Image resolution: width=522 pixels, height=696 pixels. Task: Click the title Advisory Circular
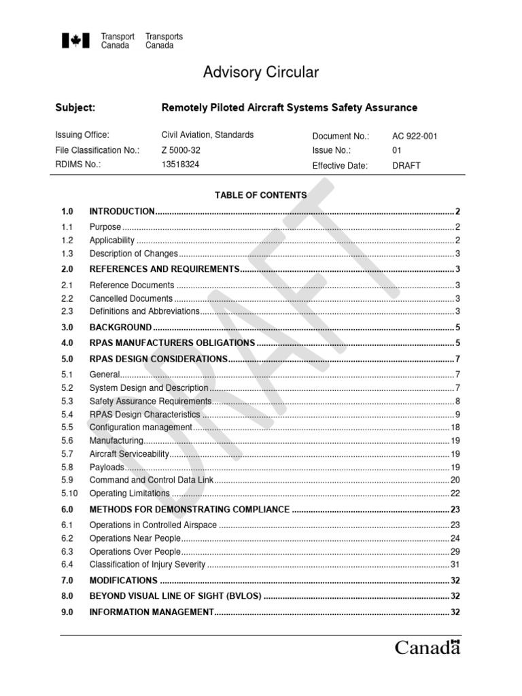pyautogui.click(x=261, y=73)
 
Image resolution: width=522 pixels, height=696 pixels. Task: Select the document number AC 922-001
pyautogui.click(x=415, y=136)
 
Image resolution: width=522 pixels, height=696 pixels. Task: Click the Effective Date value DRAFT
pyautogui.click(x=406, y=166)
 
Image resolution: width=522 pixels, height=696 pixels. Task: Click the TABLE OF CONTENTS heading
pyautogui.click(x=260, y=195)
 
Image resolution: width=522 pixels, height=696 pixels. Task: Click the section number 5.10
pyautogui.click(x=70, y=493)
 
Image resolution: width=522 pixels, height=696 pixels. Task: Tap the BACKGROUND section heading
pyautogui.click(x=120, y=327)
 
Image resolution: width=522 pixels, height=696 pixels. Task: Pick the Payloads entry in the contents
pyautogui.click(x=107, y=467)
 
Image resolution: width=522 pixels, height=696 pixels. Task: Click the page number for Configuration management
pyautogui.click(x=455, y=428)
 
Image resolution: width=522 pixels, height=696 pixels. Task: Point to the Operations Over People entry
pyautogui.click(x=136, y=551)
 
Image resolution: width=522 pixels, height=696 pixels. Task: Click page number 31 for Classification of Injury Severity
pyautogui.click(x=455, y=564)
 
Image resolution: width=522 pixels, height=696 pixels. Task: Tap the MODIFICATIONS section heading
pyautogui.click(x=123, y=580)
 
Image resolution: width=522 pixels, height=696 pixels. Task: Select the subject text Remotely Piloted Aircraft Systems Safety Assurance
pyautogui.click(x=289, y=107)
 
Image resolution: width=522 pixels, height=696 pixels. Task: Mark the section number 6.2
pyautogui.click(x=67, y=538)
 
